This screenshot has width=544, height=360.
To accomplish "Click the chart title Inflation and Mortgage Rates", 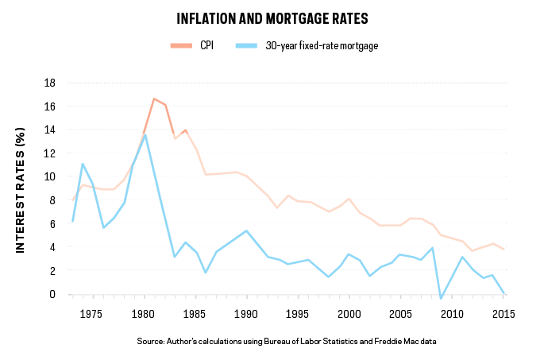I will (x=272, y=17).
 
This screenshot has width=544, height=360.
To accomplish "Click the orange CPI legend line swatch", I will (x=183, y=45).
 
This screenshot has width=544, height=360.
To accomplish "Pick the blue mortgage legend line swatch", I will (x=249, y=45).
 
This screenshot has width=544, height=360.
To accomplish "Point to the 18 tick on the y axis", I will (x=49, y=83).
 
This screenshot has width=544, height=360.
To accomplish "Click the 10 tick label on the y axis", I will (x=49, y=176).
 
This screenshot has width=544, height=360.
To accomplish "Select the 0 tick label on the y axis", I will (x=52, y=294).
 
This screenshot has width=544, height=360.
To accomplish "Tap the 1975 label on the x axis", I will (x=91, y=313).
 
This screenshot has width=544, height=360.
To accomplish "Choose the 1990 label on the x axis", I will (x=246, y=313).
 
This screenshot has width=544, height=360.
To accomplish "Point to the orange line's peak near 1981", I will (x=153, y=99).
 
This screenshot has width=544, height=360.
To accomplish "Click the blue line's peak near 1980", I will (x=145, y=135).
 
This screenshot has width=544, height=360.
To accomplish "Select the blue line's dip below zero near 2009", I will (x=442, y=299).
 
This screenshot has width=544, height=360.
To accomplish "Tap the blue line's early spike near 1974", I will (x=82, y=164).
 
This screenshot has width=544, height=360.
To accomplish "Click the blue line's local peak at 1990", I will (x=246, y=230).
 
